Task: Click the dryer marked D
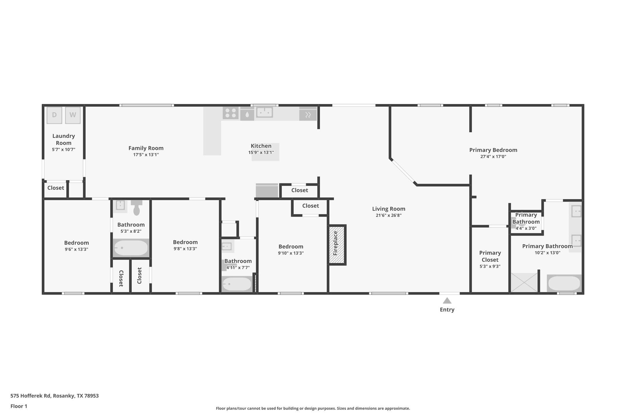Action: tap(54, 115)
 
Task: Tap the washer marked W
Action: tap(73, 115)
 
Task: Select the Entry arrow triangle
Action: tap(447, 301)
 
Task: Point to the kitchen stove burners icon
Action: tap(231, 113)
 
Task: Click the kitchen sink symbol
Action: tap(265, 112)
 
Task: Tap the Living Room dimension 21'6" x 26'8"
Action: tap(389, 215)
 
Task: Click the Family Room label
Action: tap(146, 148)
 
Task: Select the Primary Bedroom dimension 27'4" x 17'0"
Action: tap(493, 157)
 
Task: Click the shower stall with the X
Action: tap(524, 283)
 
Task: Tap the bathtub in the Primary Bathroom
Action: tap(564, 283)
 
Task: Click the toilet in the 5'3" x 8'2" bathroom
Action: tap(137, 208)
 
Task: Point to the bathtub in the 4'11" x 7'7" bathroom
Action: tap(237, 284)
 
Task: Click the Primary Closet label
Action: tap(490, 256)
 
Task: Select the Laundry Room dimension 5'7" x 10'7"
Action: tap(64, 149)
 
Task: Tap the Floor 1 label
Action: tap(19, 406)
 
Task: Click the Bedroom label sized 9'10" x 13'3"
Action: tap(291, 247)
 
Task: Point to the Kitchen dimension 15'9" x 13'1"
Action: tap(261, 152)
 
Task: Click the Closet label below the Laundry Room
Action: tap(56, 188)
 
